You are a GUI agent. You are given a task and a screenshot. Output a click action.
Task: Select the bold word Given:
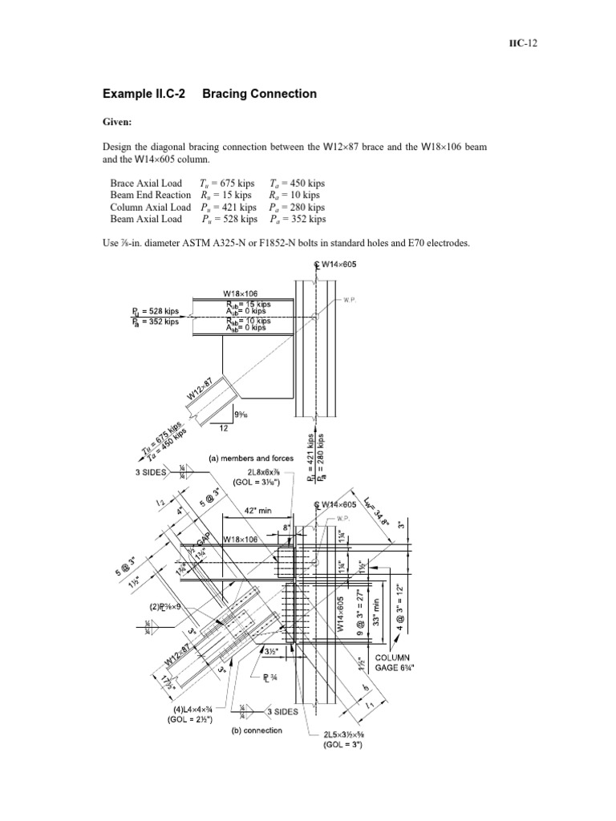click(x=118, y=124)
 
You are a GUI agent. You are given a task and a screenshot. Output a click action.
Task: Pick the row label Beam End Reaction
click(x=151, y=195)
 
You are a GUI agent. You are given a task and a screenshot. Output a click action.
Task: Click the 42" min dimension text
click(x=253, y=508)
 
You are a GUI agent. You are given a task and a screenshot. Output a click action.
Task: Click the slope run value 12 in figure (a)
click(x=224, y=428)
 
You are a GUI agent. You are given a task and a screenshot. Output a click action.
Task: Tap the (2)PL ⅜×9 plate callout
click(x=168, y=607)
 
